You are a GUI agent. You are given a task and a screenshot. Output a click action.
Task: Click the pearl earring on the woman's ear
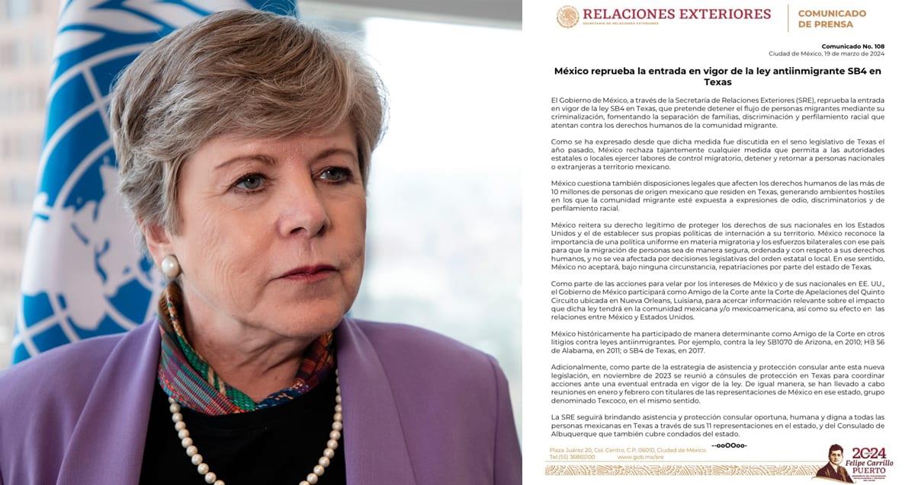pyautogui.click(x=170, y=266)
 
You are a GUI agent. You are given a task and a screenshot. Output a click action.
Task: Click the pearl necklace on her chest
pyautogui.click(x=252, y=449)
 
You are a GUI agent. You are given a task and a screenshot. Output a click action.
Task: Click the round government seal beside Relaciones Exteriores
pyautogui.click(x=567, y=16)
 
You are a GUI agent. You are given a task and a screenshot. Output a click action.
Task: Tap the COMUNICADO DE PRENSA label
pyautogui.click(x=832, y=18)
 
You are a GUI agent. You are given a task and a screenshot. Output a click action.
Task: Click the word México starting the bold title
pyautogui.click(x=573, y=71)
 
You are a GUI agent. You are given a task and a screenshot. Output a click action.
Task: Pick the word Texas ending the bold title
pyautogui.click(x=718, y=82)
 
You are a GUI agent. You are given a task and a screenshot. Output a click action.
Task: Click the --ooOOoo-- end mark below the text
pyautogui.click(x=729, y=445)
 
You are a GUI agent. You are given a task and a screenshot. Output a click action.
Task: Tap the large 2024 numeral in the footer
pyautogui.click(x=870, y=452)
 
